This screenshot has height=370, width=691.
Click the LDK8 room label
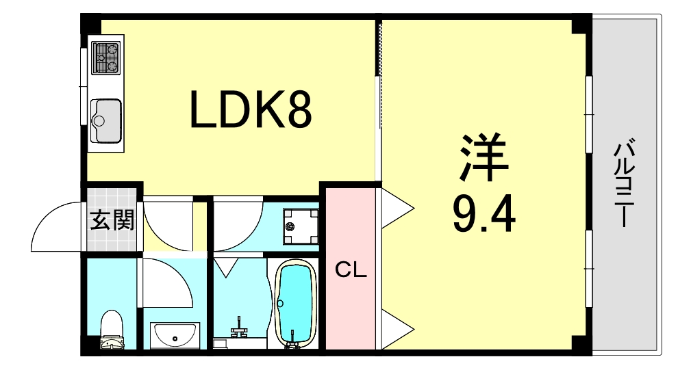[251, 111]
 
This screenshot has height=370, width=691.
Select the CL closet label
[351, 271]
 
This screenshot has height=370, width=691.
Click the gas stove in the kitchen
[105, 57]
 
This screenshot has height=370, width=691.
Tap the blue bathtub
[295, 300]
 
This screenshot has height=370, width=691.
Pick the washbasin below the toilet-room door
[173, 335]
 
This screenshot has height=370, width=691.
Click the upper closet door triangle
[395, 206]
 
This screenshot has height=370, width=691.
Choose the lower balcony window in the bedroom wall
[588, 269]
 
